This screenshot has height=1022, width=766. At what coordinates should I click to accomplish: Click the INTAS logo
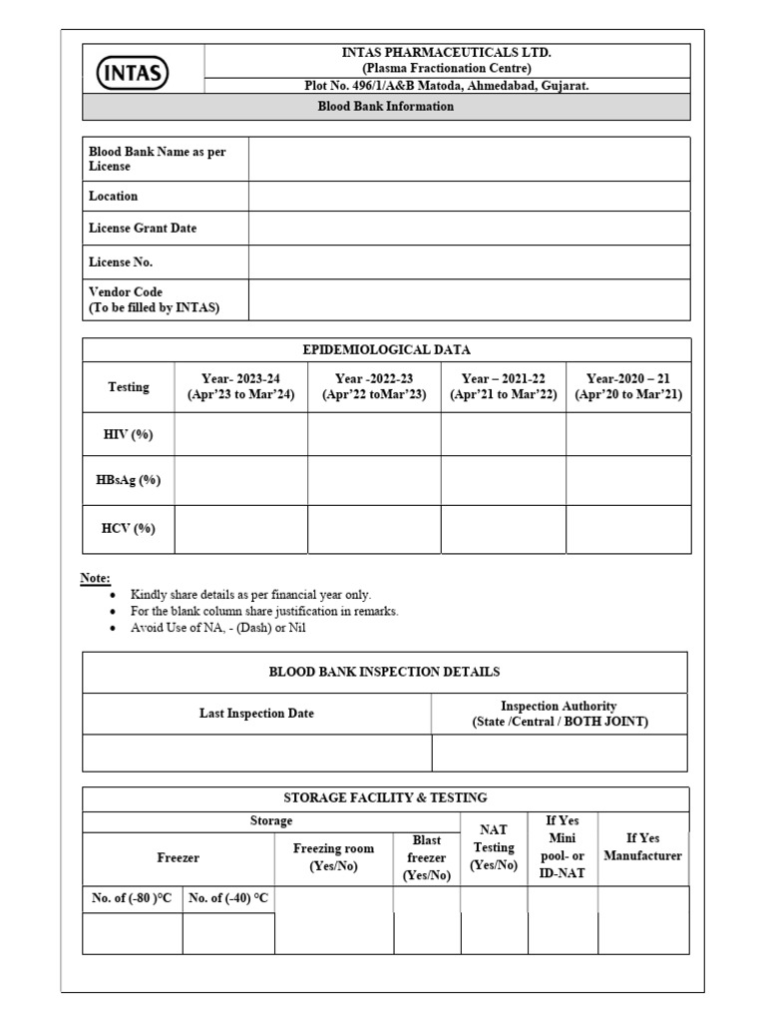tap(134, 73)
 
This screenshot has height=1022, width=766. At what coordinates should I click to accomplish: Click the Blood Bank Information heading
tap(385, 107)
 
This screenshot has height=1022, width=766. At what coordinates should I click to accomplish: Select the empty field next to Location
tap(469, 197)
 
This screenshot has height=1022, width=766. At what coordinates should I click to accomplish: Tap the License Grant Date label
tap(143, 229)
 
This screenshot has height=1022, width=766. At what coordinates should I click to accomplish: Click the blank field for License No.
tap(469, 262)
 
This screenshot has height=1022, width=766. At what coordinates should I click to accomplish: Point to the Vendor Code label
tap(154, 299)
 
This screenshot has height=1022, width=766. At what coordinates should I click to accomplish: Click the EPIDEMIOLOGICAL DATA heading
tap(386, 349)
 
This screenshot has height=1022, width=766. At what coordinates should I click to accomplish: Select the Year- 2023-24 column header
tap(240, 386)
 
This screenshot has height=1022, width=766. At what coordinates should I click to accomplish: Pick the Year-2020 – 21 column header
tap(628, 386)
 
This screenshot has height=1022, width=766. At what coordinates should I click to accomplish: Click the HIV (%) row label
tap(128, 434)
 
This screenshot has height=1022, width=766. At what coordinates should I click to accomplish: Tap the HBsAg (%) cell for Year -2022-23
tap(374, 480)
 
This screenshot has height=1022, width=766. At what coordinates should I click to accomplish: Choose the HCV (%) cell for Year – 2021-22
tap(504, 529)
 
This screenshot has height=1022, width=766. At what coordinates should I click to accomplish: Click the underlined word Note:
tap(96, 579)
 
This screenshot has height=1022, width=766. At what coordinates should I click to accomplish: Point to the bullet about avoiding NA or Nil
tap(226, 628)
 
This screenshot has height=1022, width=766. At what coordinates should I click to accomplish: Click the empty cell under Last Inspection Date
tap(256, 753)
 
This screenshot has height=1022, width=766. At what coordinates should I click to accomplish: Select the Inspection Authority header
tap(559, 714)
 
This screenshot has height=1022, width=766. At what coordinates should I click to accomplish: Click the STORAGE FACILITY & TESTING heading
tap(385, 797)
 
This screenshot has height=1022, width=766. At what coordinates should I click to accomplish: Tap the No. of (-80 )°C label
tap(132, 899)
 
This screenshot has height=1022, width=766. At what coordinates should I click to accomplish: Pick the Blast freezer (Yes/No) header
tap(427, 858)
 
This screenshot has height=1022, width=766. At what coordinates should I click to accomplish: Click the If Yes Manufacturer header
tap(642, 847)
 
